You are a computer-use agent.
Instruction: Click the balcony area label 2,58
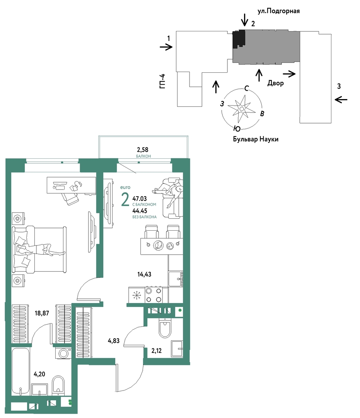pos(142,150)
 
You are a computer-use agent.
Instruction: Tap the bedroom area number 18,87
pos(42,313)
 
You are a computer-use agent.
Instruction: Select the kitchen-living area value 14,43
pos(144,274)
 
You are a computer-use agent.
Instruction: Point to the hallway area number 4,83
pos(113,341)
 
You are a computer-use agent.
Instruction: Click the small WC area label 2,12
pos(157,351)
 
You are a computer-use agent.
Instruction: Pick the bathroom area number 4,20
pos(39,374)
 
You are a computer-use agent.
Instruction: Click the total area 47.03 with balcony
pos(140,199)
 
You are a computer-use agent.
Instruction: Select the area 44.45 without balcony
pos(140,211)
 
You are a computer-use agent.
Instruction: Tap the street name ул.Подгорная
pos(278,11)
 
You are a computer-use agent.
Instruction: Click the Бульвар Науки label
pos(256,139)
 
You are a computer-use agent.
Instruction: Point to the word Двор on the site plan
pos(276,83)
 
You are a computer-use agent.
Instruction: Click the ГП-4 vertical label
pos(163,81)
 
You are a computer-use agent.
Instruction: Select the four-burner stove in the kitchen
pos(154,295)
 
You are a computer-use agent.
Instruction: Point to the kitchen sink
pos(176,279)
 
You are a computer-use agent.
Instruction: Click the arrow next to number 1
pos(166,48)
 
